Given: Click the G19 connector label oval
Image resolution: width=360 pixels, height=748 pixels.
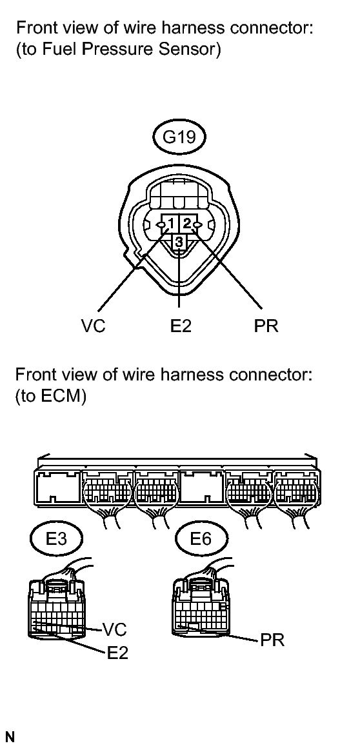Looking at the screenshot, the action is pos(179,137).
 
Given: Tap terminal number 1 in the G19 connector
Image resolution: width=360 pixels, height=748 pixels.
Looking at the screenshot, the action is pos(170,222).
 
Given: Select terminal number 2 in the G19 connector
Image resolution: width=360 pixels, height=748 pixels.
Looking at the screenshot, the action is pos(187,222).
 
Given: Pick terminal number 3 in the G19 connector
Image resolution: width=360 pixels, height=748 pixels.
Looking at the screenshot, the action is pos(179,242).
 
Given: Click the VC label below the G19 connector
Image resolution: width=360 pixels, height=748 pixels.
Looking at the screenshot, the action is pos(93,326).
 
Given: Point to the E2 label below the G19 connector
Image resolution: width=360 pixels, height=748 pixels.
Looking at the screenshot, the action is pos(180,326).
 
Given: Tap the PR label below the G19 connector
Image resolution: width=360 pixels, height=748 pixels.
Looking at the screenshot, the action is pos(266,326).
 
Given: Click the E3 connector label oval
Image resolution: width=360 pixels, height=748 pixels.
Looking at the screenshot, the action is pos(56,538).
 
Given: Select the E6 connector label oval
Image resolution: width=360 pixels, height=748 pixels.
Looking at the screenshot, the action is pos(201,538).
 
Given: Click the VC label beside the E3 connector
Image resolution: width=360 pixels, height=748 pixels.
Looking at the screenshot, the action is pos(115,629).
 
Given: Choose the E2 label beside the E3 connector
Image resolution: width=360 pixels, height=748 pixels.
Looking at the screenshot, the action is pos(117,653).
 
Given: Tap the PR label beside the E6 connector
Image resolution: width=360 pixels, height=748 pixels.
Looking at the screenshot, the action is pos(272,640).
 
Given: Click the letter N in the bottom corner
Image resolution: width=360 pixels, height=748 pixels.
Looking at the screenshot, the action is pos(10,737).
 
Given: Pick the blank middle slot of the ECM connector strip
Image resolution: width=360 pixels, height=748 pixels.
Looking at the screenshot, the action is pos(202,487).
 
